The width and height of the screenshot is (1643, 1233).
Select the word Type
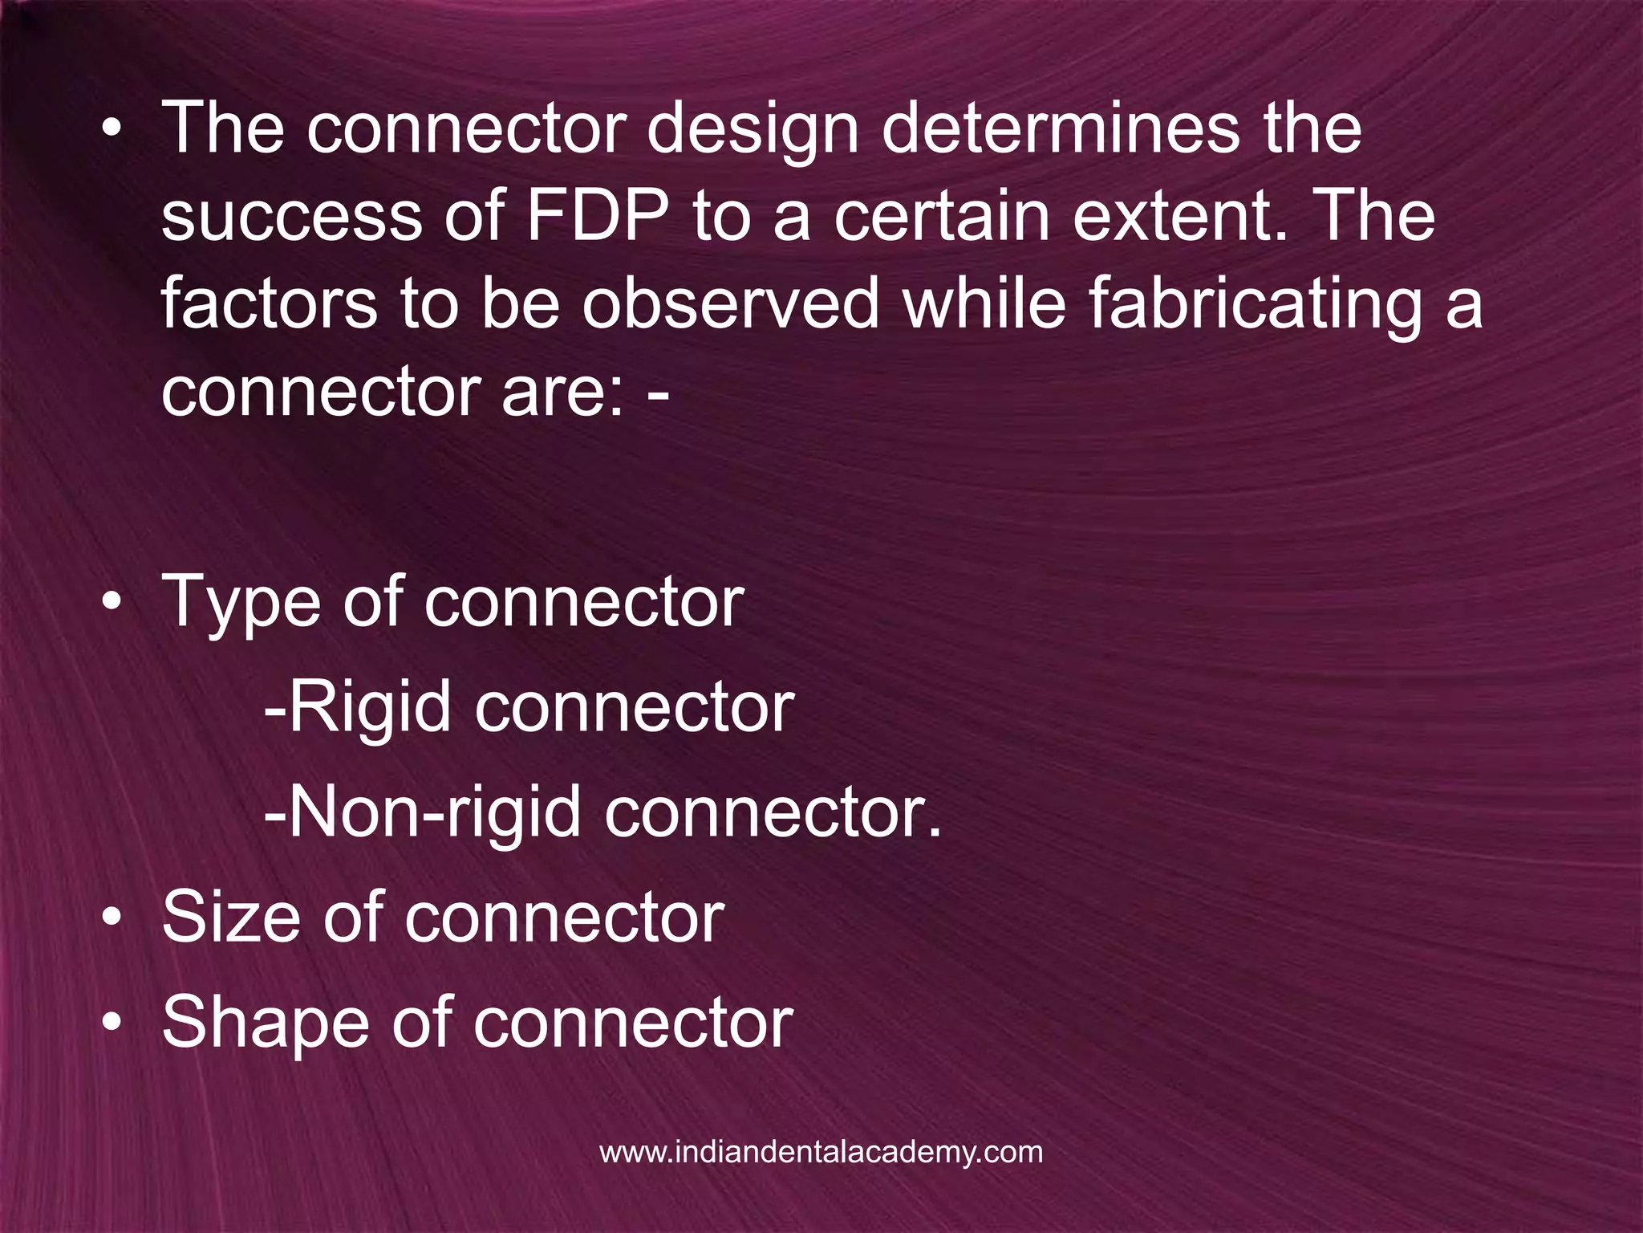pyautogui.click(x=241, y=604)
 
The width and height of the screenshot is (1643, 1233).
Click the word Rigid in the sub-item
pyautogui.click(x=370, y=710)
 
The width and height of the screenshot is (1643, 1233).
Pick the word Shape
pyautogui.click(x=265, y=1024)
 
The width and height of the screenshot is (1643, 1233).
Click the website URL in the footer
pyautogui.click(x=821, y=1152)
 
